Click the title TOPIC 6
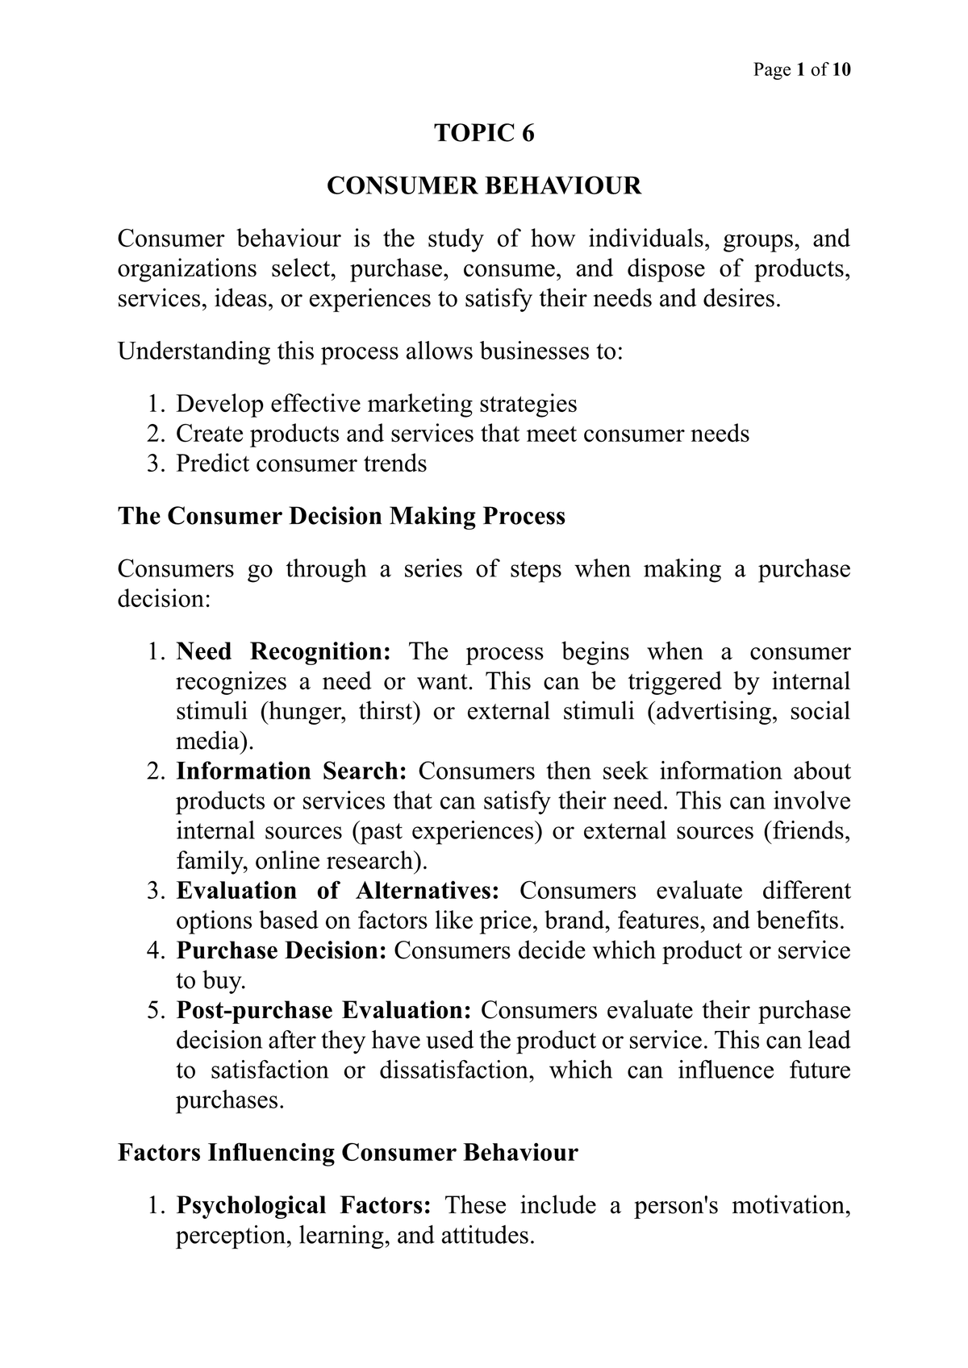tap(484, 133)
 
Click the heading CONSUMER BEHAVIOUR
tap(484, 186)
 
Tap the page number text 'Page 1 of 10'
tap(802, 70)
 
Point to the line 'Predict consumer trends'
tap(301, 464)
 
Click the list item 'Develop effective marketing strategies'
tap(376, 404)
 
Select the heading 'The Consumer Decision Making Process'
tap(341, 516)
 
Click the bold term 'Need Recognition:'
tap(284, 651)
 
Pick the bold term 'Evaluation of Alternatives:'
tap(338, 891)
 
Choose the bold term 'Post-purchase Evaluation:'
tap(323, 1011)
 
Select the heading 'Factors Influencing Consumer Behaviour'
tap(348, 1153)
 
